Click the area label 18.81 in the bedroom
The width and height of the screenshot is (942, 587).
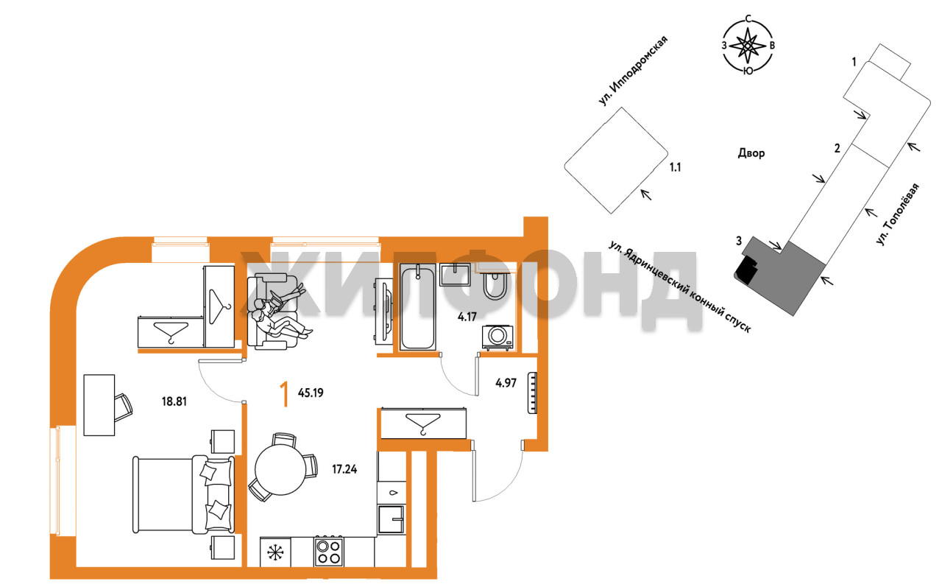pyautogui.click(x=174, y=401)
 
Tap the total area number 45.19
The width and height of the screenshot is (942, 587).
pyautogui.click(x=311, y=393)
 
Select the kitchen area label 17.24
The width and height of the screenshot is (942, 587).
pyautogui.click(x=344, y=469)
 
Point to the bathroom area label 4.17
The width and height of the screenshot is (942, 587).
pyautogui.click(x=467, y=317)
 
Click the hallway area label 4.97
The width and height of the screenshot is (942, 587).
pyautogui.click(x=506, y=383)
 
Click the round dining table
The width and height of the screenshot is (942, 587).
pyautogui.click(x=280, y=470)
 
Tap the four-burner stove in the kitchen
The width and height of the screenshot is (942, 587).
pyautogui.click(x=328, y=552)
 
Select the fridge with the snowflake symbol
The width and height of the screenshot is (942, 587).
pyautogui.click(x=275, y=552)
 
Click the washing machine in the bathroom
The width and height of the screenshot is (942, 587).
pyautogui.click(x=497, y=337)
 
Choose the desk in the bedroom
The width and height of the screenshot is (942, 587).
pyautogui.click(x=99, y=405)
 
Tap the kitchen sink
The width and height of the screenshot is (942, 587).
pyautogui.click(x=391, y=519)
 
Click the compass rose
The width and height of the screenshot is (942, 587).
pyautogui.click(x=748, y=45)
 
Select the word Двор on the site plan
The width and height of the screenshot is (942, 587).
pyautogui.click(x=751, y=152)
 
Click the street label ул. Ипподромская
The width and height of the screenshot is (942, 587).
pyautogui.click(x=634, y=71)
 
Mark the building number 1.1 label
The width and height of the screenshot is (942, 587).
pyautogui.click(x=675, y=167)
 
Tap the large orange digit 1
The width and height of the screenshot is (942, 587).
pyautogui.click(x=286, y=394)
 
